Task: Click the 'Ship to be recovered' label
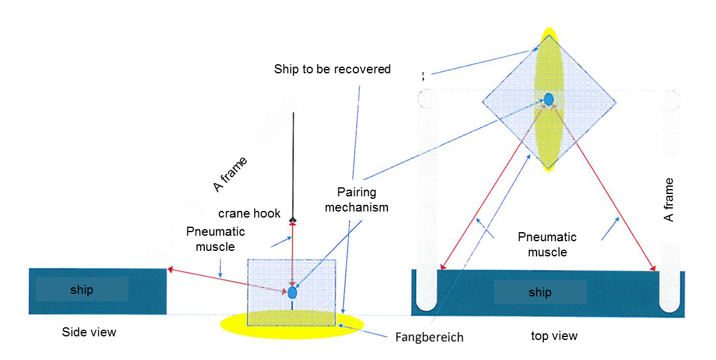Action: [x=332, y=69]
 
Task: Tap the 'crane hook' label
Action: [x=249, y=213]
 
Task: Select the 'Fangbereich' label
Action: [x=429, y=337]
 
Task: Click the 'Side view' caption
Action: [x=89, y=332]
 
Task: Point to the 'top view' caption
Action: [x=554, y=336]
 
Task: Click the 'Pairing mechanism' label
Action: [x=356, y=199]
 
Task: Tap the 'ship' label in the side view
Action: [x=82, y=290]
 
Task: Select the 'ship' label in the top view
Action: [x=540, y=293]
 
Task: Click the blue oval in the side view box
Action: [x=292, y=292]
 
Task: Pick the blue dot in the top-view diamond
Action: [x=549, y=99]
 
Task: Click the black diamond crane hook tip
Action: [x=293, y=221]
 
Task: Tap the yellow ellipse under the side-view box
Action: [x=292, y=324]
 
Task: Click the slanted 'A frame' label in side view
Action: [x=230, y=175]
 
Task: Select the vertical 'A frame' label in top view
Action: [x=669, y=200]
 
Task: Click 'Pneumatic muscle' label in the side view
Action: [x=216, y=239]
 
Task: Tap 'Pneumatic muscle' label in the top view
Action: [x=547, y=245]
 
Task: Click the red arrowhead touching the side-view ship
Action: [x=170, y=270]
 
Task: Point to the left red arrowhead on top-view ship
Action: [x=443, y=267]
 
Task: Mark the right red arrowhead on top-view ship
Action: [x=654, y=268]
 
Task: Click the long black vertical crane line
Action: [x=293, y=165]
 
